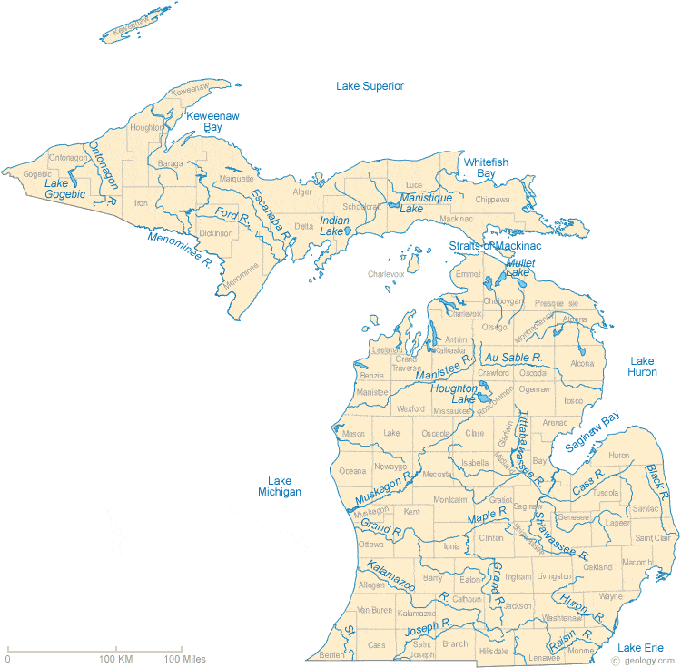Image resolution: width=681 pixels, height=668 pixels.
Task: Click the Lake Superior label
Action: point(370,86)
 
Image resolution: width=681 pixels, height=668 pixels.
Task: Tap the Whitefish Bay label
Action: point(486,167)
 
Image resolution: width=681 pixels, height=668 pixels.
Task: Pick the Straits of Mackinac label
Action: point(495,246)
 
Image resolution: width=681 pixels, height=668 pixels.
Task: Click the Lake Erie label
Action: point(641,647)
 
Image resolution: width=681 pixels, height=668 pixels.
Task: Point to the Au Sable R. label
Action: point(513,358)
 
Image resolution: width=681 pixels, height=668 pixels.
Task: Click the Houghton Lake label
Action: point(455,393)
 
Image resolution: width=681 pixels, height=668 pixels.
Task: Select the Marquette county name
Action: point(237,179)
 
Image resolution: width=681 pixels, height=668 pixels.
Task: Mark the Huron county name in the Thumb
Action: point(618,455)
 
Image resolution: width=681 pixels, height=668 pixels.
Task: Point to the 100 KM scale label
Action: point(117,658)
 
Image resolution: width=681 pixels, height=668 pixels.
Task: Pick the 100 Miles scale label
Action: point(185,658)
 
